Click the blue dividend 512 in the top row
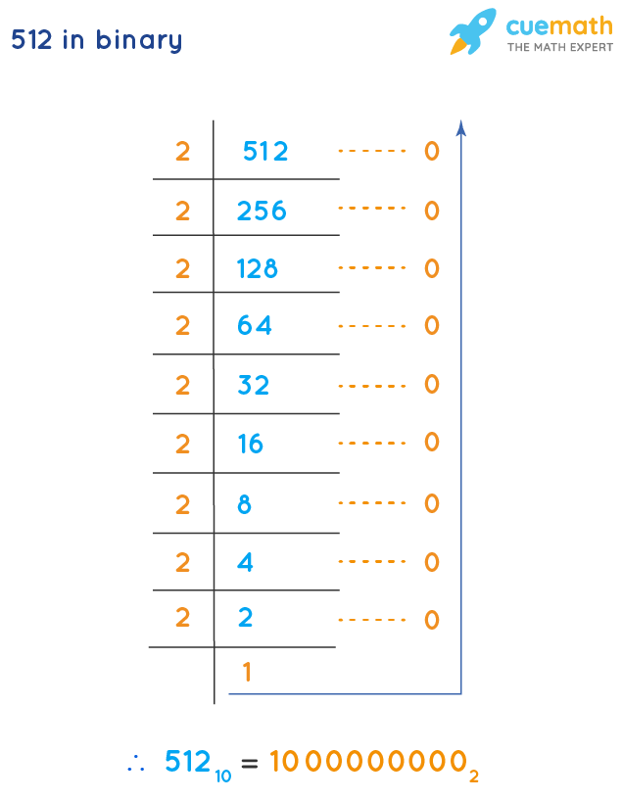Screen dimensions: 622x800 [265, 151]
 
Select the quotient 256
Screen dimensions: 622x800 [262, 211]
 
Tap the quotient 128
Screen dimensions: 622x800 [258, 268]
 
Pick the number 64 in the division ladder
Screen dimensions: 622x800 [255, 325]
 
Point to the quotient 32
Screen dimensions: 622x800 [253, 385]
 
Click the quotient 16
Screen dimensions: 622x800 [250, 444]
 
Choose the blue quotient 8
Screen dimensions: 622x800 [245, 504]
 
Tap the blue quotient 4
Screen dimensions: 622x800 [245, 562]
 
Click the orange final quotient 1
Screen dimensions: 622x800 [248, 672]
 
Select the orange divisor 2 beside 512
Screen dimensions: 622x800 [182, 152]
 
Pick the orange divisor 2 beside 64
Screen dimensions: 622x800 [182, 325]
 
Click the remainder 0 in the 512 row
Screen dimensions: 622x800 [432, 151]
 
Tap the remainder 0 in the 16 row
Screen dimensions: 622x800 [432, 442]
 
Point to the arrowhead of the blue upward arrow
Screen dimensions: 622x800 [460, 127]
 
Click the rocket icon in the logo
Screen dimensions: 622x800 [473, 31]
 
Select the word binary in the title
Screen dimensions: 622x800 [139, 40]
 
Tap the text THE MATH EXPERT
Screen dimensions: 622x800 [559, 47]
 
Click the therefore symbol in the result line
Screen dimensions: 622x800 [136, 764]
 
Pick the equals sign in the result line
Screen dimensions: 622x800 [250, 764]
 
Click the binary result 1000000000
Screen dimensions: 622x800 [368, 762]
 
